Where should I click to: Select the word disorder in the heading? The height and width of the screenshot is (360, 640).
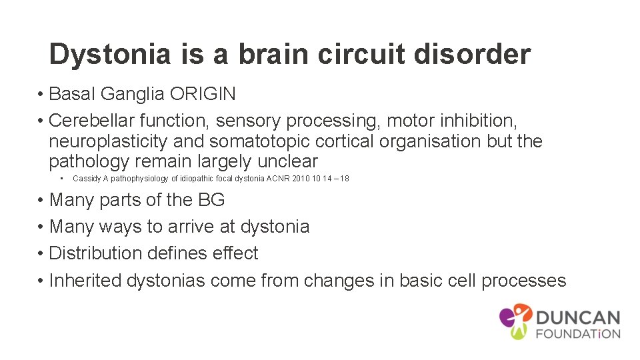pyautogui.click(x=472, y=54)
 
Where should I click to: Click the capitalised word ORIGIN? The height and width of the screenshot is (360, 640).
pyautogui.click(x=203, y=94)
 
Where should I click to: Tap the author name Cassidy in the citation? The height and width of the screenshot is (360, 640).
pyautogui.click(x=86, y=179)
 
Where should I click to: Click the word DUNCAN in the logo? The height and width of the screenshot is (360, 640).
pyautogui.click(x=578, y=318)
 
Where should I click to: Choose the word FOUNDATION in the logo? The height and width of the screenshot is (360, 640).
pyautogui.click(x=578, y=333)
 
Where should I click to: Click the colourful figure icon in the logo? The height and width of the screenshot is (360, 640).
pyautogui.click(x=516, y=321)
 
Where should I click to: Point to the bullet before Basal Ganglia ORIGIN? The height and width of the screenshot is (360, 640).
pyautogui.click(x=41, y=94)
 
